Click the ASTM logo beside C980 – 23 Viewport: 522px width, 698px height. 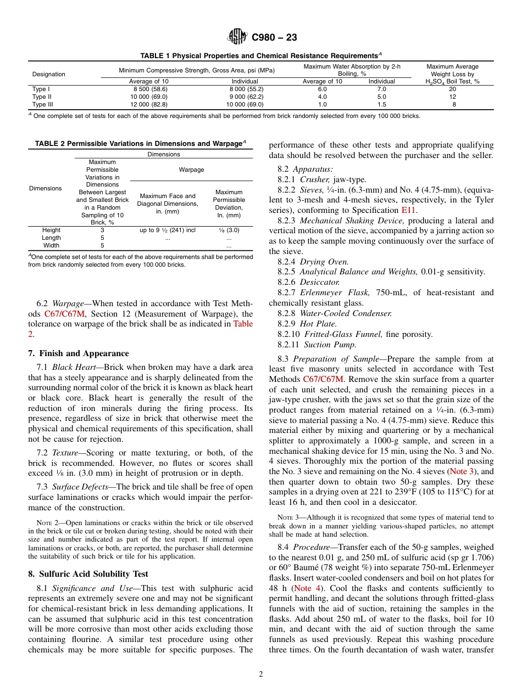(x=237, y=37)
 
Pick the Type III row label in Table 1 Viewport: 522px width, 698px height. (x=42, y=104)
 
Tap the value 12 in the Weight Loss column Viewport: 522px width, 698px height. (x=453, y=97)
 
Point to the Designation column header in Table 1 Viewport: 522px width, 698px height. (x=48, y=74)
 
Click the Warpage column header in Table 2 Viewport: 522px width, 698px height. (x=191, y=170)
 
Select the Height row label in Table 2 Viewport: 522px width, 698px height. (x=51, y=230)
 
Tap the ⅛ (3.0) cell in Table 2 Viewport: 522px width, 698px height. (x=229, y=230)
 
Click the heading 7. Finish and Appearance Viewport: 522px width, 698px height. (x=79, y=353)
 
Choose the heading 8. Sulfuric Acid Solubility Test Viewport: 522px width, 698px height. (x=88, y=574)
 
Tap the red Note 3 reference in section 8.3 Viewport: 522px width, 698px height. (x=463, y=471)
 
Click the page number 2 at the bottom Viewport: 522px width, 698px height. (x=261, y=674)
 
